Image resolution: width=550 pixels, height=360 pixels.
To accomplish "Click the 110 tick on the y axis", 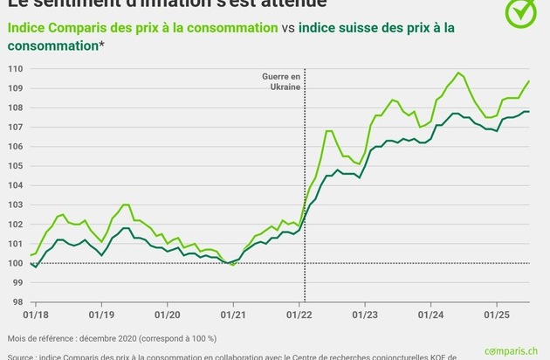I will click(17, 68).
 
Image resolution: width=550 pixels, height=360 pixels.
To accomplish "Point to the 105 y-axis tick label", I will click(17, 166).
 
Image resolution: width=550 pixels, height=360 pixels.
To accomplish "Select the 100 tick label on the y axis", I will click(17, 263).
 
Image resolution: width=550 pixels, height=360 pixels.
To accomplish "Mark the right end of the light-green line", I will click(529, 81).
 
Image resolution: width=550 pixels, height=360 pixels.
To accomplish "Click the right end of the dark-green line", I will click(529, 112).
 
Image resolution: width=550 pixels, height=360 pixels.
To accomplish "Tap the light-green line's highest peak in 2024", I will click(458, 73).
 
